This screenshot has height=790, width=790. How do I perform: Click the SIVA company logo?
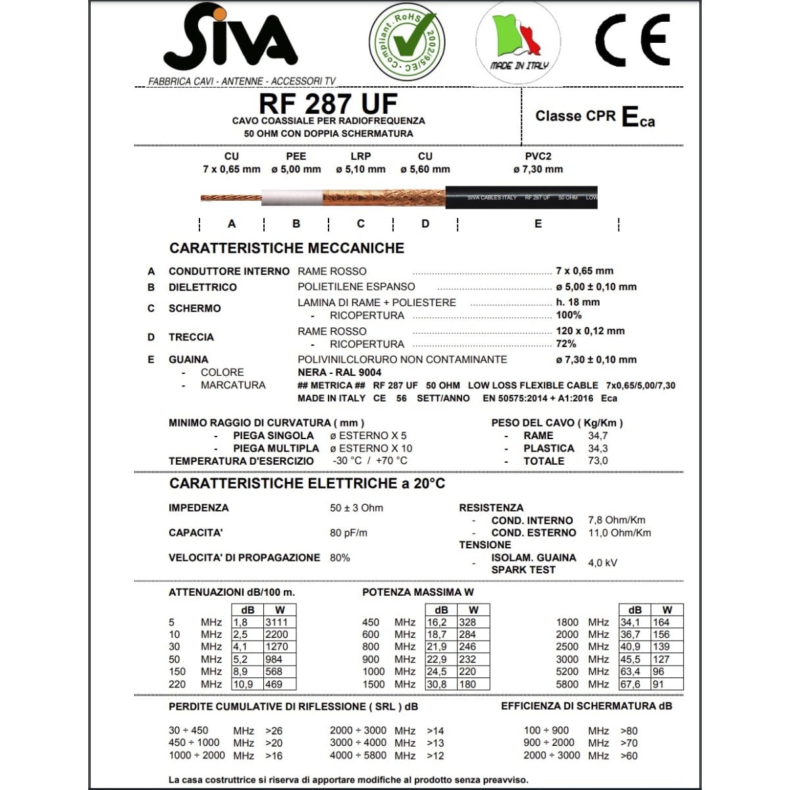230,41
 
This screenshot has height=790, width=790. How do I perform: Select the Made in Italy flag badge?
519,41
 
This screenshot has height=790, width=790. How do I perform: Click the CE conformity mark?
633,41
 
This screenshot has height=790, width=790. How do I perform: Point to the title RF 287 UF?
328,104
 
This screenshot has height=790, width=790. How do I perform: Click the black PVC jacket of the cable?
520,197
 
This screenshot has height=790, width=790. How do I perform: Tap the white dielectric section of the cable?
292,197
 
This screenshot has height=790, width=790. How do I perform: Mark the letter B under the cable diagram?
296,224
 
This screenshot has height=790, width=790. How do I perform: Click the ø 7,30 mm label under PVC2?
538,169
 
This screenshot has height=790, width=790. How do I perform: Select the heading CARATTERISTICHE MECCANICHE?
286,248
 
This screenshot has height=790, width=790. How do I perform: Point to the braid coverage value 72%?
566,344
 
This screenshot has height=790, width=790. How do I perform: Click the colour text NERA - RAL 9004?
339,373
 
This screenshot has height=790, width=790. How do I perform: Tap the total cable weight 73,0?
598,461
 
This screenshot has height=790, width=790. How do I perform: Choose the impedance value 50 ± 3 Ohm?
356,508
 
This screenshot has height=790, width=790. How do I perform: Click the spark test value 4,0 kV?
602,563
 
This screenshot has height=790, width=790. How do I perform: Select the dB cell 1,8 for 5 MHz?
241,622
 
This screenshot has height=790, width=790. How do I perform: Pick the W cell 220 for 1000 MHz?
468,671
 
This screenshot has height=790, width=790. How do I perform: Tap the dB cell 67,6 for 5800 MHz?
630,684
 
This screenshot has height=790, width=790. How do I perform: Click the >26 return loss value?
274,731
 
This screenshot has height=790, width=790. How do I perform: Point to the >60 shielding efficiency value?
629,756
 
